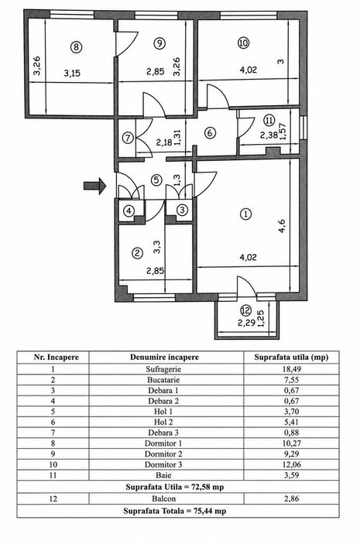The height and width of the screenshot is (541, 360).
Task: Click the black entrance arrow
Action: coord(94,186)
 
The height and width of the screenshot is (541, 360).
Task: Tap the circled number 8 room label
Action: coord(76,47)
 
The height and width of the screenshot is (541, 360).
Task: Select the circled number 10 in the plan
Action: coord(243,43)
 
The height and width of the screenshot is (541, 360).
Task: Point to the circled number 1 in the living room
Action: coord(245,214)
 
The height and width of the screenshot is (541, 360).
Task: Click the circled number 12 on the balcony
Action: coord(246,311)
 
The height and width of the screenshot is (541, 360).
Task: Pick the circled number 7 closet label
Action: coord(128,138)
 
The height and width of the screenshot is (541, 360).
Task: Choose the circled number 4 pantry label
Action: coord(129,211)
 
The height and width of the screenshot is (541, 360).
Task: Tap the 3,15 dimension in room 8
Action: coord(72,74)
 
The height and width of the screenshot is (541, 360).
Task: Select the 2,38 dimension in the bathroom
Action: coord(269,135)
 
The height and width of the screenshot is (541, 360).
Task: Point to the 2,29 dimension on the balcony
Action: coord(246,323)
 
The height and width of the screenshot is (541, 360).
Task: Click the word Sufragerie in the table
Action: coord(163,369)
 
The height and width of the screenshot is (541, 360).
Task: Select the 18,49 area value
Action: coord(291,369)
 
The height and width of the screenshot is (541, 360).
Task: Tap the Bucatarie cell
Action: coord(163,380)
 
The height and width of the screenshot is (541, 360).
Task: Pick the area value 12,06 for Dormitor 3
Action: coord(291,464)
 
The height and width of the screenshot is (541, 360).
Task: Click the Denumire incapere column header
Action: coord(164,357)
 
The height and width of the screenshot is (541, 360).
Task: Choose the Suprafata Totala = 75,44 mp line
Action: coord(175,511)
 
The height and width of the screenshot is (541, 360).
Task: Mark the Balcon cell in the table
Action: coord(163,498)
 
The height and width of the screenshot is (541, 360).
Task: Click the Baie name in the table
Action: coord(163,475)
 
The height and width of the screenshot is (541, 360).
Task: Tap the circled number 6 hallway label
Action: coord(211,133)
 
